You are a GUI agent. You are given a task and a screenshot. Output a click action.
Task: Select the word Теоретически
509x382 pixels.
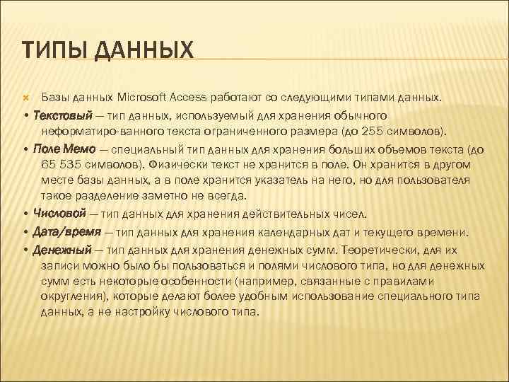(x=381, y=250)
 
